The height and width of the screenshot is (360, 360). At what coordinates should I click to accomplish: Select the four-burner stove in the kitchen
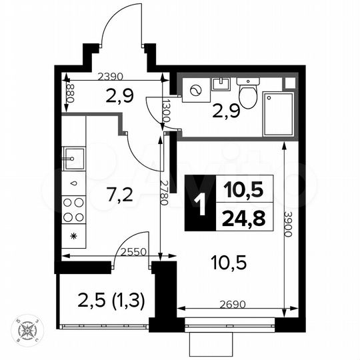(73, 210)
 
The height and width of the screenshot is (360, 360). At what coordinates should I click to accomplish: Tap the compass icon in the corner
(29, 331)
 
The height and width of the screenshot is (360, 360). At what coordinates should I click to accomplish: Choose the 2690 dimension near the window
(231, 304)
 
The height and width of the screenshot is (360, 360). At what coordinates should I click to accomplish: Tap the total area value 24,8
(239, 217)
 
